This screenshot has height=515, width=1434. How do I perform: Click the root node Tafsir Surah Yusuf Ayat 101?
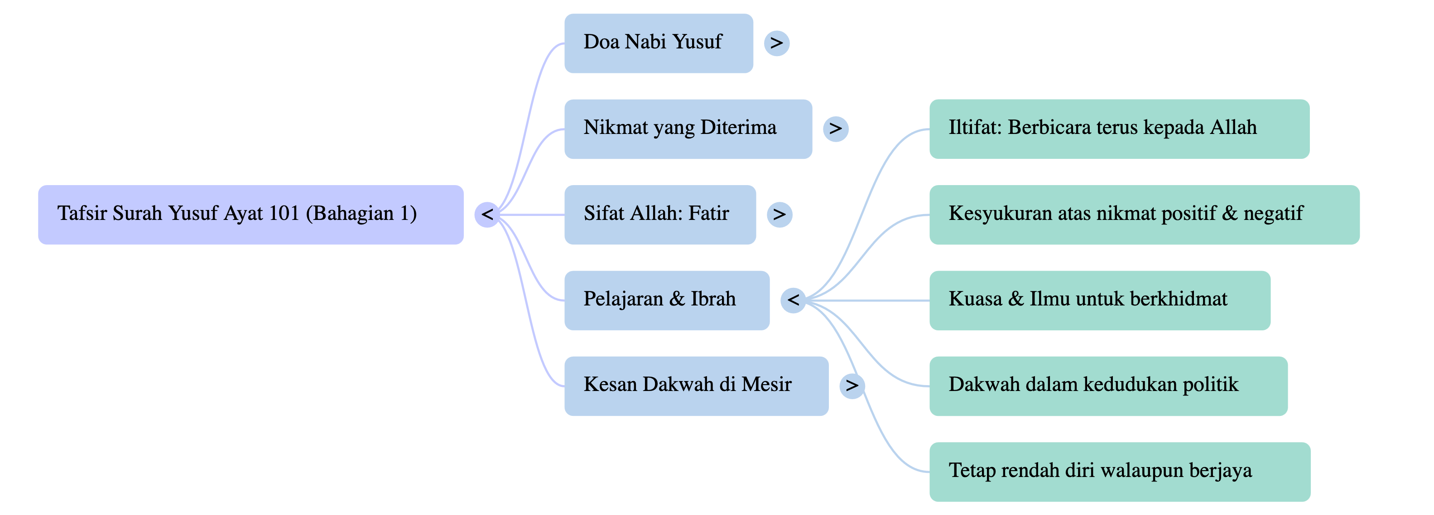tap(250, 215)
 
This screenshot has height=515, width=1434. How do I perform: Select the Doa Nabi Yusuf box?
tap(659, 43)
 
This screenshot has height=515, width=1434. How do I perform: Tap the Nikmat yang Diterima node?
tap(688, 129)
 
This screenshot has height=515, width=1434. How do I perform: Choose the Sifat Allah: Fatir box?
tap(659, 215)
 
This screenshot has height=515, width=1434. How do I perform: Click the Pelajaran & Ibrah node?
tap(667, 300)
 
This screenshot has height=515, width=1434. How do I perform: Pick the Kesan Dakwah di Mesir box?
tap(696, 386)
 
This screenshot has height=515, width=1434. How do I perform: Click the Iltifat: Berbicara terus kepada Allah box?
tap(1119, 129)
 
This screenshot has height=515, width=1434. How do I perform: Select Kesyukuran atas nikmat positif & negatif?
tap(1144, 215)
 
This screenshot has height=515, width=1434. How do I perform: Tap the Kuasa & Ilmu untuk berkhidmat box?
tap(1099, 300)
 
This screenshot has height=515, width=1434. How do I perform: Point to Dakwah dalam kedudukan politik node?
tap(1108, 386)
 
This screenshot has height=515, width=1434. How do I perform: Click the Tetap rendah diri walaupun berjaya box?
tap(1120, 472)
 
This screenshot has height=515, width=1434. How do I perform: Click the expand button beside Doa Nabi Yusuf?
tap(777, 43)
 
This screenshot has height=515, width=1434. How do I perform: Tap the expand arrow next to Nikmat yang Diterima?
tap(836, 129)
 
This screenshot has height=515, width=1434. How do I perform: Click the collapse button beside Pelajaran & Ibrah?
tap(793, 300)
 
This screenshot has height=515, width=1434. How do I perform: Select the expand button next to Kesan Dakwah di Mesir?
tap(852, 386)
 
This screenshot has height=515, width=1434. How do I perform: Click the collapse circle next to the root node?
tap(487, 215)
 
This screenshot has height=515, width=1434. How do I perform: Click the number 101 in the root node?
tap(284, 214)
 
